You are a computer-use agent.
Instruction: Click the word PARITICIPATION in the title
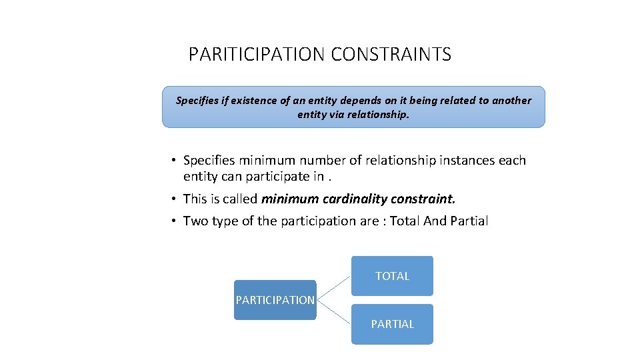pos(257,55)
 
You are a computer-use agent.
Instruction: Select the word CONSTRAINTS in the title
pos(391,55)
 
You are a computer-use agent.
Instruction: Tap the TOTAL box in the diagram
pos(392,276)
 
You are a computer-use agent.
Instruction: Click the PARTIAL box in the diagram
pos(392,324)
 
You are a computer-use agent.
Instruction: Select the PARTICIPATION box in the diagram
pos(275,300)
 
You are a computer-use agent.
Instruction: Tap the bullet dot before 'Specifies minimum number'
pos(172,161)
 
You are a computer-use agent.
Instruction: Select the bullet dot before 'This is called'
pos(172,199)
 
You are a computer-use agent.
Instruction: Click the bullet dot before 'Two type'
pos(172,221)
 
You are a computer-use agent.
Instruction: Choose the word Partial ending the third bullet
pos(469,221)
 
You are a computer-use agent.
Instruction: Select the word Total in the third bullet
pos(405,221)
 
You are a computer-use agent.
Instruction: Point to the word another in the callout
pos(511,101)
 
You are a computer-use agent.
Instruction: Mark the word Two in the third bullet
pos(195,221)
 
